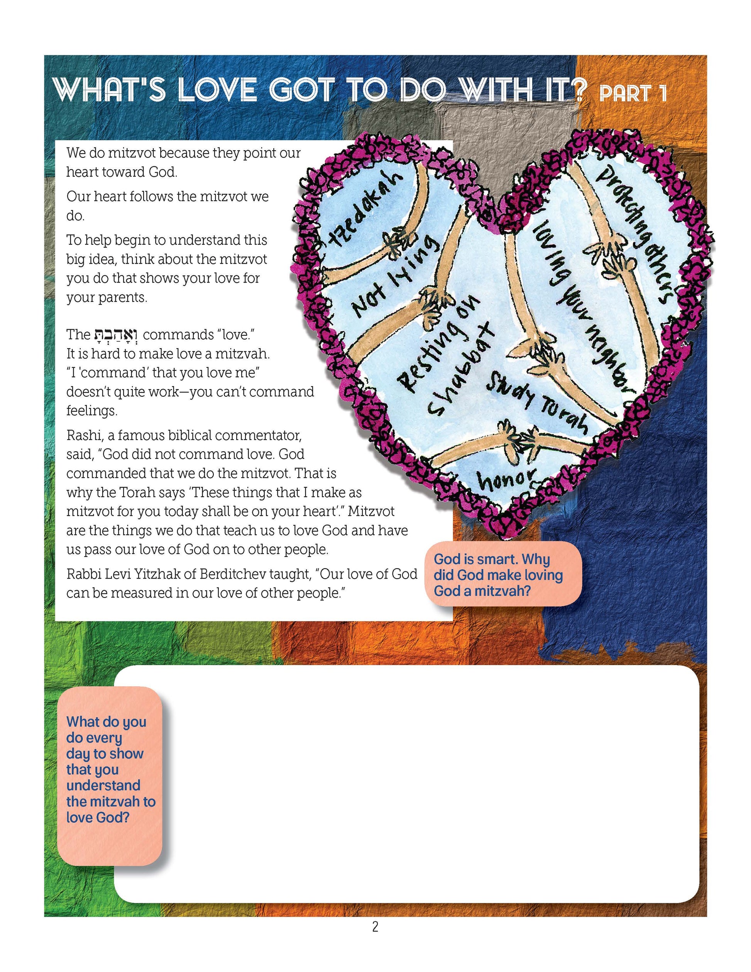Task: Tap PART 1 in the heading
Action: [632, 93]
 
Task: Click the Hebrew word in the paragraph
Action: [116, 334]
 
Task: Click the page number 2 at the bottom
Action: [375, 927]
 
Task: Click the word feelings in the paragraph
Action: [91, 410]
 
